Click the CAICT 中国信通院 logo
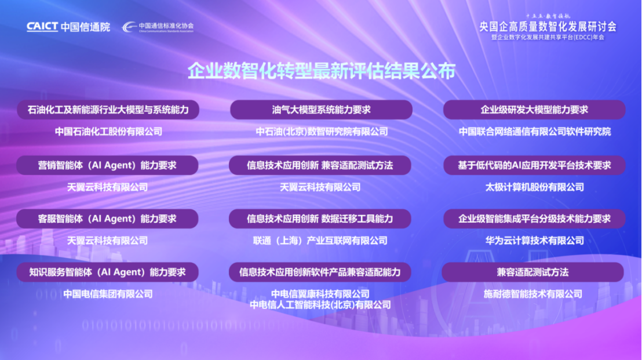[68, 27]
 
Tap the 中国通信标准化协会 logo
[158, 27]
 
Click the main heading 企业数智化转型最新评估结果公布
[322, 71]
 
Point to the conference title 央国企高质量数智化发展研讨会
[548, 27]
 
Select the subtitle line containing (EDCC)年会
[548, 37]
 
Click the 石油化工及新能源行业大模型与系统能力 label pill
[108, 110]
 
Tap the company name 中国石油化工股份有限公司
[108, 132]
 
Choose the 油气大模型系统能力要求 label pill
[322, 110]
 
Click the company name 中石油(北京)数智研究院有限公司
[322, 132]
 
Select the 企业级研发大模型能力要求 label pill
[534, 110]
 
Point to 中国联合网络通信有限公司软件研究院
[534, 132]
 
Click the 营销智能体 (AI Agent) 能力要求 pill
[107, 165]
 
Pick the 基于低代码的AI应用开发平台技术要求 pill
[534, 165]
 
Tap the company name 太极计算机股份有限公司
[534, 187]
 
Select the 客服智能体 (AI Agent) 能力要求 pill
[107, 219]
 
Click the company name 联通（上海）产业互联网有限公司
[320, 241]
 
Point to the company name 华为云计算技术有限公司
[534, 241]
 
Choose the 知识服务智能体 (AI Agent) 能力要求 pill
[107, 272]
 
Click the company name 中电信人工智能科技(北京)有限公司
[320, 305]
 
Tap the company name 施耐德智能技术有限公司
[532, 294]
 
